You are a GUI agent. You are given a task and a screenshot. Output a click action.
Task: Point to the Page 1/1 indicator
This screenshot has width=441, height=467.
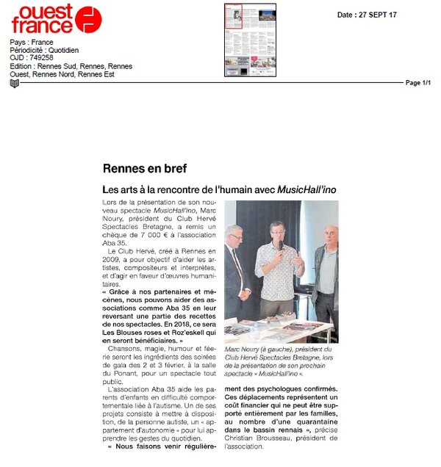click(418, 83)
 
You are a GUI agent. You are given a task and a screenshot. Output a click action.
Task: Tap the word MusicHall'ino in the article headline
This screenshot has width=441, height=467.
click(307, 189)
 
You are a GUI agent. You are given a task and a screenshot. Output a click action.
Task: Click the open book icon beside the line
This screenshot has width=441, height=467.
click(15, 83)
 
